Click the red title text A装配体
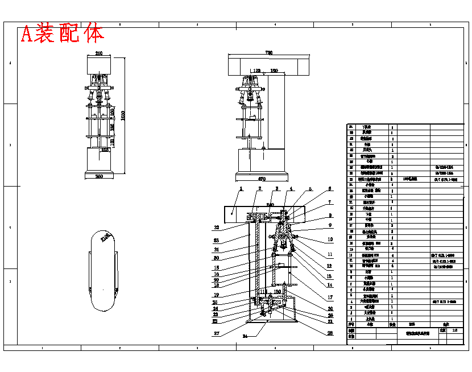tap(63, 34)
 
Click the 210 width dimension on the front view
tap(99, 53)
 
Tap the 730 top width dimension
tap(268, 53)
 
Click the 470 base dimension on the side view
tap(262, 179)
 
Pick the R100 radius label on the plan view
tap(105, 238)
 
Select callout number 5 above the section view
tap(310, 189)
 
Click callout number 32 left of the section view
tap(216, 228)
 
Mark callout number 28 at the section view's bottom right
tap(330, 334)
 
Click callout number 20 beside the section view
tap(330, 309)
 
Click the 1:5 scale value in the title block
tap(454, 330)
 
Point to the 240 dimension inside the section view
tap(270, 204)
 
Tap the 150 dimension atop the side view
tap(274, 71)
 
